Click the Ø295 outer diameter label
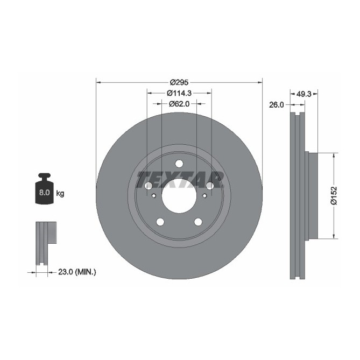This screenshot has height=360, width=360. [179, 82]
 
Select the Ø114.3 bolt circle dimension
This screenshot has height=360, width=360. [179, 93]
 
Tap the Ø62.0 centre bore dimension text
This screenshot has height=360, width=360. [179, 103]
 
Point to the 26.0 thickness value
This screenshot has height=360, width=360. [276, 105]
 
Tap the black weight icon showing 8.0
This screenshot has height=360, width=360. [44, 189]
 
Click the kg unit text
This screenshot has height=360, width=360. [60, 193]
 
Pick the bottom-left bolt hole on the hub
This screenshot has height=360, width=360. [160, 222]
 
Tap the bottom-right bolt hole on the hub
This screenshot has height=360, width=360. [198, 222]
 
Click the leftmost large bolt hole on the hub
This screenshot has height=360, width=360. [148, 186]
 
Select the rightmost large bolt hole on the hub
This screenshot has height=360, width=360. [209, 186]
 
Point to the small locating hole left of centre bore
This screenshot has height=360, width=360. [154, 195]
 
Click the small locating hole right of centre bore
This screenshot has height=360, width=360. [203, 195]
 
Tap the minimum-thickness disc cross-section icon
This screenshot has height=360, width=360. [46, 242]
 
